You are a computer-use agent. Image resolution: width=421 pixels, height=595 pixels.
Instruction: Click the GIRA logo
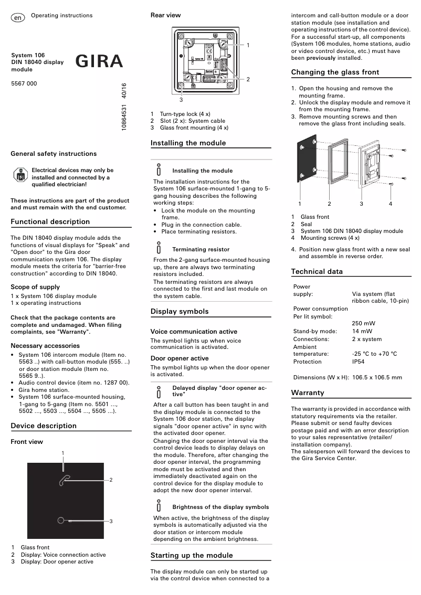coord(99,62)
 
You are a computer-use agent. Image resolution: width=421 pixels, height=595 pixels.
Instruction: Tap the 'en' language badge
coord(18,18)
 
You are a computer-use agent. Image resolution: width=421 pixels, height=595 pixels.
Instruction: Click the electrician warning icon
coord(19,176)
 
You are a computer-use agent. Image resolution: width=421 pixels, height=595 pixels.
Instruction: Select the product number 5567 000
coord(24,83)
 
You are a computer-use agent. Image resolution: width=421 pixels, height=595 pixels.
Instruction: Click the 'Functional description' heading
coord(50,222)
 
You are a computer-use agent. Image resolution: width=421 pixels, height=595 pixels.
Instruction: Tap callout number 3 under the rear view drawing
coord(181,99)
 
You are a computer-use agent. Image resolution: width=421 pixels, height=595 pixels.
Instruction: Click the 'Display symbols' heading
coord(180,312)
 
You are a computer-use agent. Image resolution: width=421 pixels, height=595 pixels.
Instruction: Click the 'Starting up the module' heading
coord(192,555)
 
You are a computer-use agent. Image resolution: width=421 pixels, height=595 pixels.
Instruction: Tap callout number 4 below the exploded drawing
coord(391,204)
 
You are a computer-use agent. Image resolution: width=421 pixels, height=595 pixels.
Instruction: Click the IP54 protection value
coord(359,362)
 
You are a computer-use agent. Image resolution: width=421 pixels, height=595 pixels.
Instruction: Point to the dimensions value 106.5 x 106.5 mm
coord(377,377)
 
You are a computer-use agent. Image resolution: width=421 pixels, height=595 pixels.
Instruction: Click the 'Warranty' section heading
coord(308,393)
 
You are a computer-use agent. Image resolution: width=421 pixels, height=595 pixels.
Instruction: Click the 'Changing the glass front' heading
coord(335,72)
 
